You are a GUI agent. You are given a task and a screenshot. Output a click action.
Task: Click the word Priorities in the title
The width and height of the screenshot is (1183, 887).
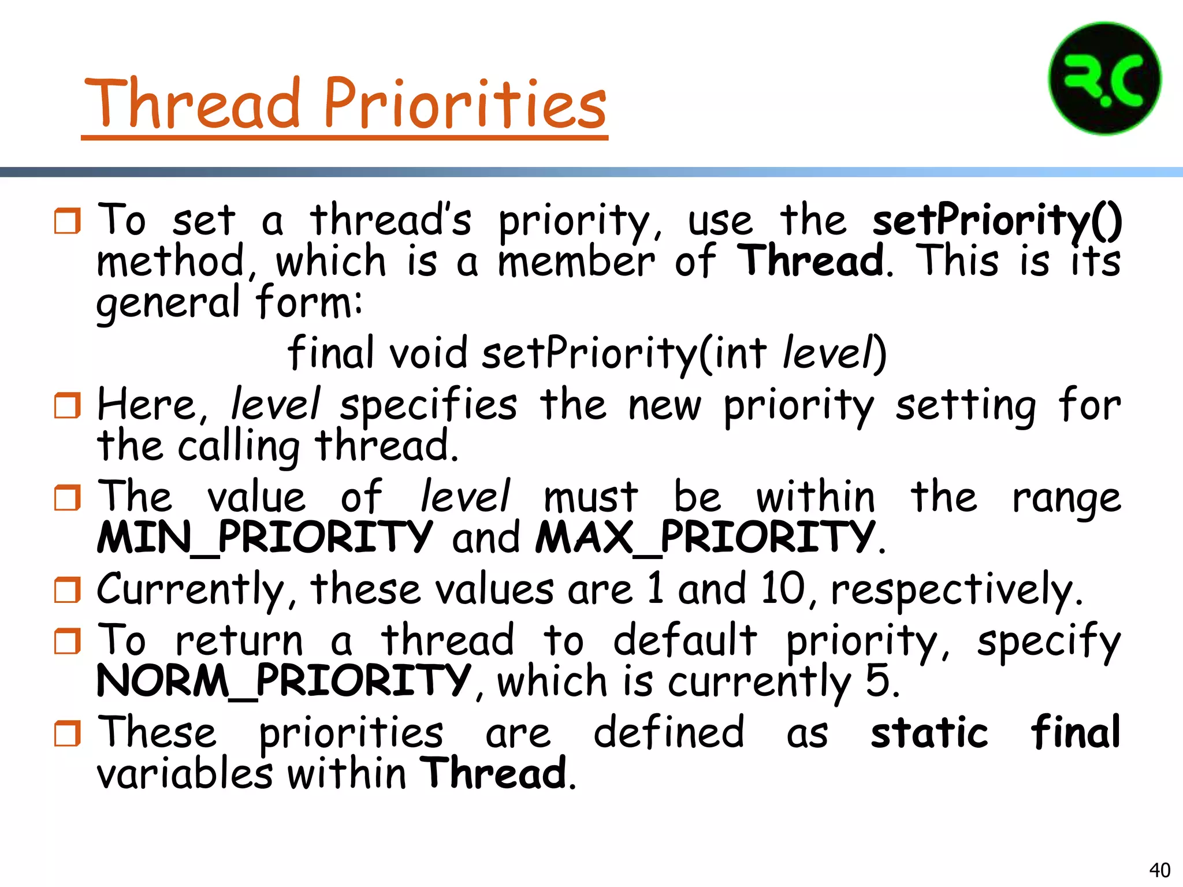pyautogui.click(x=465, y=104)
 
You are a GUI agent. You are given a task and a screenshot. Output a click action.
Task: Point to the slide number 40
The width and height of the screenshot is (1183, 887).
pyautogui.click(x=1159, y=870)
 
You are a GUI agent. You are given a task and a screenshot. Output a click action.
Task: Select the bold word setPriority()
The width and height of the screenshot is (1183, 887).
pyautogui.click(x=997, y=221)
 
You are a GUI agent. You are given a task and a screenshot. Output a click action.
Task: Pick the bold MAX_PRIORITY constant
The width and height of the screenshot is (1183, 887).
pyautogui.click(x=705, y=538)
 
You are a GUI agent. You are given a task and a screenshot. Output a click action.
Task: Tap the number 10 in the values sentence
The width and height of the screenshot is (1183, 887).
pyautogui.click(x=783, y=589)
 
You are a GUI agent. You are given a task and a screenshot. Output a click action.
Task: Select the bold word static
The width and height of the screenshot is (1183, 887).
pyautogui.click(x=929, y=732)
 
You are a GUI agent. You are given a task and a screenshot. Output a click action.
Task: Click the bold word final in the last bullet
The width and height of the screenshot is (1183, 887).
pyautogui.click(x=1076, y=732)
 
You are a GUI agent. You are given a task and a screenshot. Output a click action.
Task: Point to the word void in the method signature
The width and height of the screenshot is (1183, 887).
pyautogui.click(x=428, y=353)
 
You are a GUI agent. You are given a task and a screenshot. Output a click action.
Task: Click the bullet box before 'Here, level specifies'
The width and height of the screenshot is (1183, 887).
pyautogui.click(x=67, y=405)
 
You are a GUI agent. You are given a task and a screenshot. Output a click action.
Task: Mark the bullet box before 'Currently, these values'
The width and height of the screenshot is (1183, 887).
pyautogui.click(x=67, y=590)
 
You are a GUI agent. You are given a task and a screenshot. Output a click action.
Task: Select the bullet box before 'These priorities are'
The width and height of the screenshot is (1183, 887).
pyautogui.click(x=67, y=733)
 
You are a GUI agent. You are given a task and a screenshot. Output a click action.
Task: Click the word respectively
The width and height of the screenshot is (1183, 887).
pyautogui.click(x=956, y=590)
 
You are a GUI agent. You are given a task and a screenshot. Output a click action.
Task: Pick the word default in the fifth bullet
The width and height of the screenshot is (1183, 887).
pyautogui.click(x=684, y=640)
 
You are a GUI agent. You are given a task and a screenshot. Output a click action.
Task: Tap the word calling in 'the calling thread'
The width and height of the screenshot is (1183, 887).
pyautogui.click(x=239, y=446)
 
